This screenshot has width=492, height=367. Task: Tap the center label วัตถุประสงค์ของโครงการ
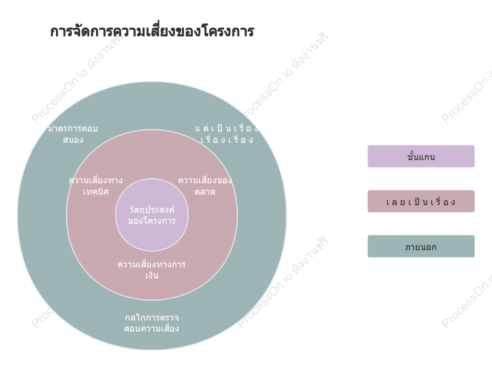click(x=152, y=215)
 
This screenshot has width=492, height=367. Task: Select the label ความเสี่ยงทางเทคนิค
click(x=96, y=186)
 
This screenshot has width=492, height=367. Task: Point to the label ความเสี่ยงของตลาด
click(x=205, y=186)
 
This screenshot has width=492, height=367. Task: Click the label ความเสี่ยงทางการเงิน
click(x=152, y=270)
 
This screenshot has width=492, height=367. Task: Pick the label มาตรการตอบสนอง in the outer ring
click(x=73, y=134)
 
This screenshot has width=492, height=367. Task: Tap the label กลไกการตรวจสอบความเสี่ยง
click(x=152, y=323)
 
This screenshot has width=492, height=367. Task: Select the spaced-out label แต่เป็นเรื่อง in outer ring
click(x=227, y=128)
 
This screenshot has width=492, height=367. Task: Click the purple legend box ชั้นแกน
click(x=421, y=156)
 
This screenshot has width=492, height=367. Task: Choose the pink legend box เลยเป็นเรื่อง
click(x=421, y=201)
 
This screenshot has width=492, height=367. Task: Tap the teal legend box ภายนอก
click(x=421, y=246)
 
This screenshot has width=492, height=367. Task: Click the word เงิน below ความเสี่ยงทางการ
click(x=152, y=275)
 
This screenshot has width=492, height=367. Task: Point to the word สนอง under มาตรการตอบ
click(x=73, y=140)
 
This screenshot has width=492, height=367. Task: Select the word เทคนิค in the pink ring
click(x=96, y=191)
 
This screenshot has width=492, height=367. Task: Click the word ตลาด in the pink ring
click(x=205, y=191)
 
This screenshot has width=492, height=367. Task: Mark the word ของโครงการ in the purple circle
click(x=152, y=221)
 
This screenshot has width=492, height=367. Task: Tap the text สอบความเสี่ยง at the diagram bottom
click(x=152, y=328)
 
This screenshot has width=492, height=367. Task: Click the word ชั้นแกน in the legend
click(x=421, y=156)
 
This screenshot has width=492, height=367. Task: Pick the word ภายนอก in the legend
click(x=421, y=247)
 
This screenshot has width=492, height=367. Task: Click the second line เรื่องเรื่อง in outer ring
click(x=227, y=140)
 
